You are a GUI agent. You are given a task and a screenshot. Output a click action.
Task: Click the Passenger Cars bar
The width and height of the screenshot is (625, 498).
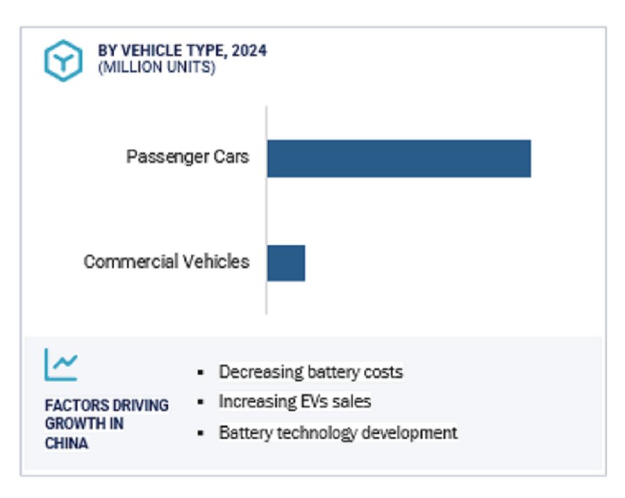(399, 158)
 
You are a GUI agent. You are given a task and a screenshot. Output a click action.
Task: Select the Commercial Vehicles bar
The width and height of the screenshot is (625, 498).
(286, 263)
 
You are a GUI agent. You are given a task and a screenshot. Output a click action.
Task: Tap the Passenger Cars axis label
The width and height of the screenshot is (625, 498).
(187, 156)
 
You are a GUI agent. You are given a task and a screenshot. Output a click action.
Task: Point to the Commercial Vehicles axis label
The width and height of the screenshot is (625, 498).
(166, 262)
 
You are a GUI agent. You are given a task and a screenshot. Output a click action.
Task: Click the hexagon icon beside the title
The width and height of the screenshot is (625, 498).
(64, 60)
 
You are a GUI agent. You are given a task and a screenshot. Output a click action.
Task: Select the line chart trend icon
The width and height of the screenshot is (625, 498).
(61, 364)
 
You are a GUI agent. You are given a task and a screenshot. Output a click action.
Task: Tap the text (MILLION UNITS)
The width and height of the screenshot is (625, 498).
(156, 68)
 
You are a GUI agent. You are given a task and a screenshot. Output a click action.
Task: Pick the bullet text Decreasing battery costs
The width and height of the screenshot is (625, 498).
(310, 372)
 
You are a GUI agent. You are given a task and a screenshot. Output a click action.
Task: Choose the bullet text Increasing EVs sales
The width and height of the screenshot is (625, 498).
(294, 402)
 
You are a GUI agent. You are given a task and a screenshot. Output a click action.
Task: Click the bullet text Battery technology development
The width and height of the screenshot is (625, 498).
(338, 432)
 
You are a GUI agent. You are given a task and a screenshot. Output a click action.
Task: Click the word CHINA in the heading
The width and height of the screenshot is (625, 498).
(66, 443)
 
